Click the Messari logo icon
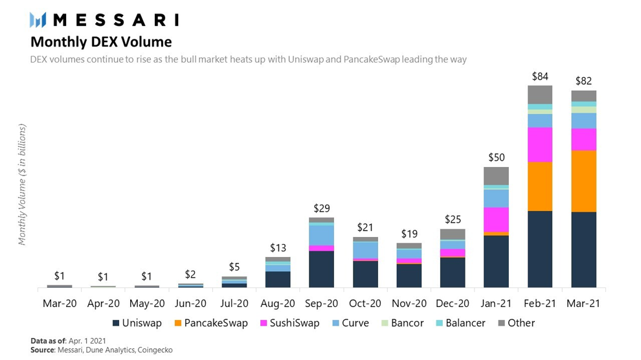38,20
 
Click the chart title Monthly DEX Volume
101,42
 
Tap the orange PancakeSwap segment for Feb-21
540,186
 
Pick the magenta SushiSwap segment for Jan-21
496,219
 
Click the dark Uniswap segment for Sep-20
321,269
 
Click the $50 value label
496,157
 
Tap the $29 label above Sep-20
321,208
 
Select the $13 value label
278,247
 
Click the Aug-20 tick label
278,303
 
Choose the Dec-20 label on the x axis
453,303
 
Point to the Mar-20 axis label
59,303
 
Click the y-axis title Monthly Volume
22,185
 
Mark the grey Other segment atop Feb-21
540,95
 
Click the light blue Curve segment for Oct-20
365,250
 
